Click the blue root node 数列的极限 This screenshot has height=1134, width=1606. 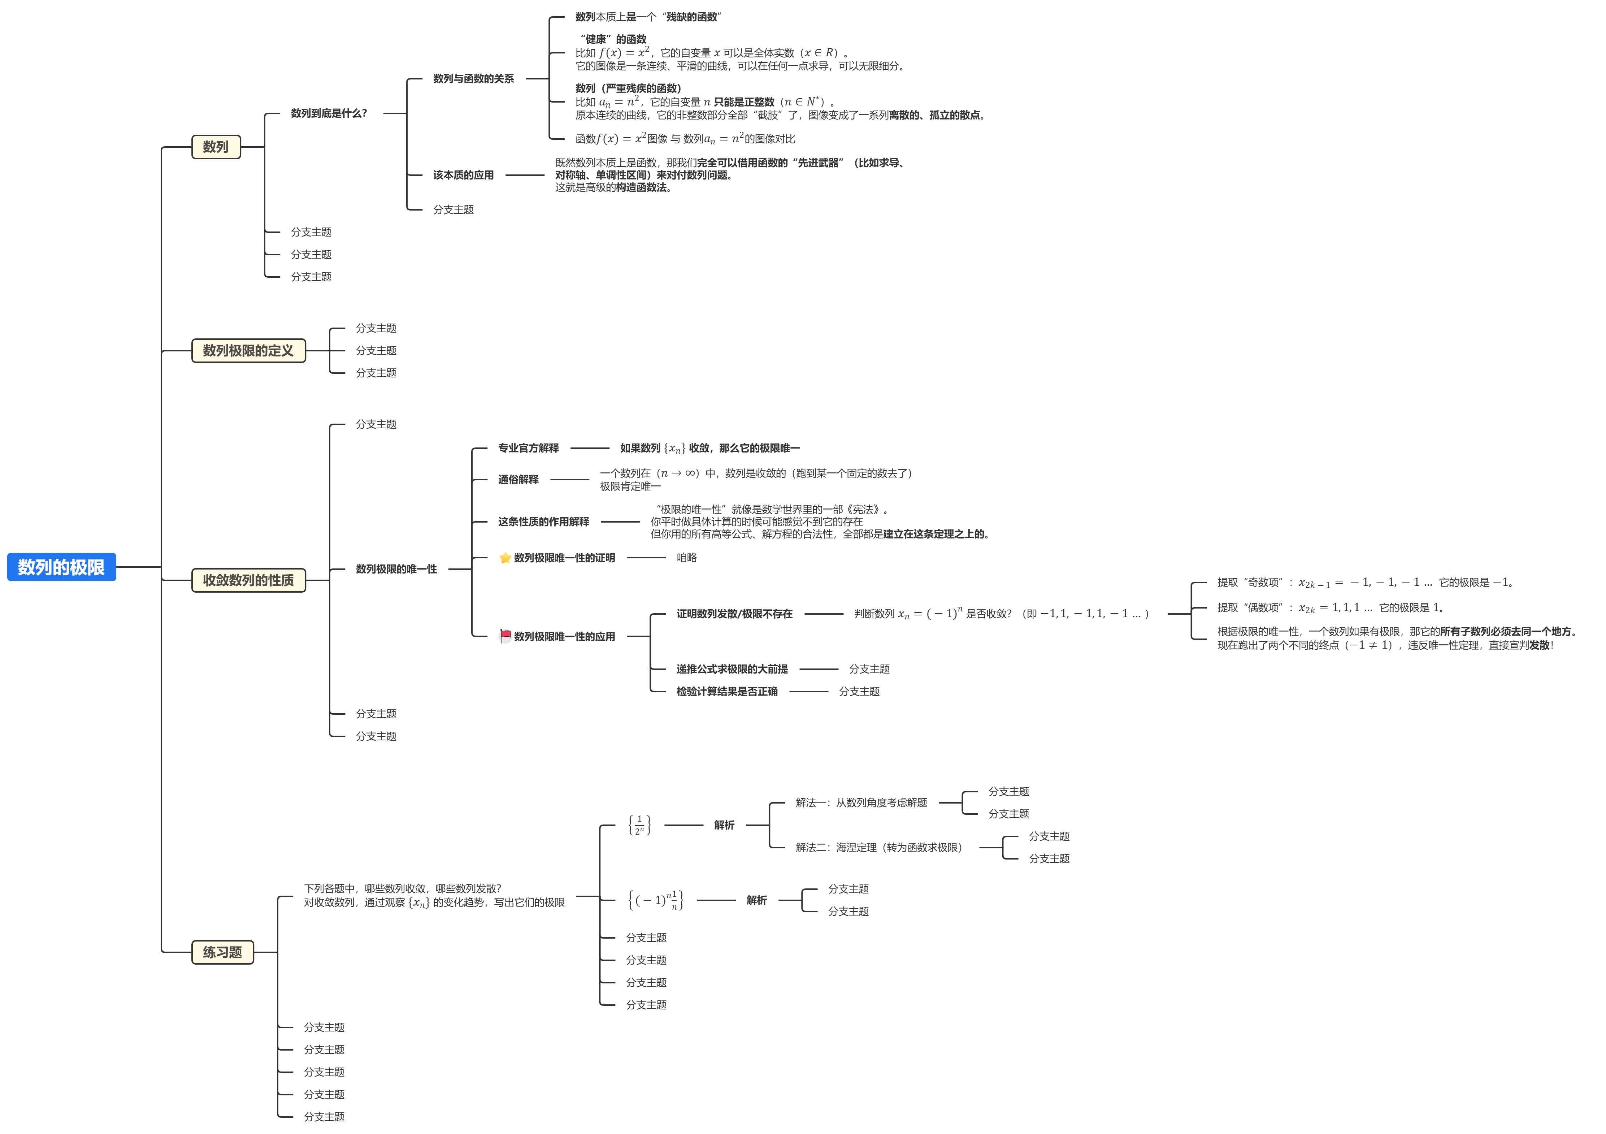point(61,567)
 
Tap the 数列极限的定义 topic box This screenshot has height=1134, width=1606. point(248,350)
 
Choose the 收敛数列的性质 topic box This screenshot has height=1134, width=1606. point(248,580)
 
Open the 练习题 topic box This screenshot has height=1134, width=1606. point(222,952)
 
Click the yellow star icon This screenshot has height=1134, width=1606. point(505,558)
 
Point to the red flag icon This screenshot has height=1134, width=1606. point(505,636)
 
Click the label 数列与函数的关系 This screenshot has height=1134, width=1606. point(473,78)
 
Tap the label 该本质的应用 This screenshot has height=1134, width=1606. point(463,175)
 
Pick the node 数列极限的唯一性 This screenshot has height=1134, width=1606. point(396,569)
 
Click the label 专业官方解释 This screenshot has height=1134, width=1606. point(528,448)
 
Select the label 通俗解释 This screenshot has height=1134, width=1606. point(518,479)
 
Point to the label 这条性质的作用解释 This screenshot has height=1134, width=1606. point(543,522)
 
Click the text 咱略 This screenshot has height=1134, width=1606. point(686,558)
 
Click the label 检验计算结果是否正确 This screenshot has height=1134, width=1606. point(727,691)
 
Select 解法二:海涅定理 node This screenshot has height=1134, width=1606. point(878,847)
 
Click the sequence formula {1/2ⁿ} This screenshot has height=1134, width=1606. point(639,825)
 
